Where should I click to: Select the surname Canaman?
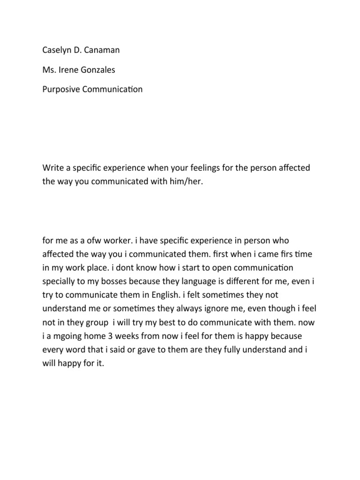(x=105, y=50)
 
